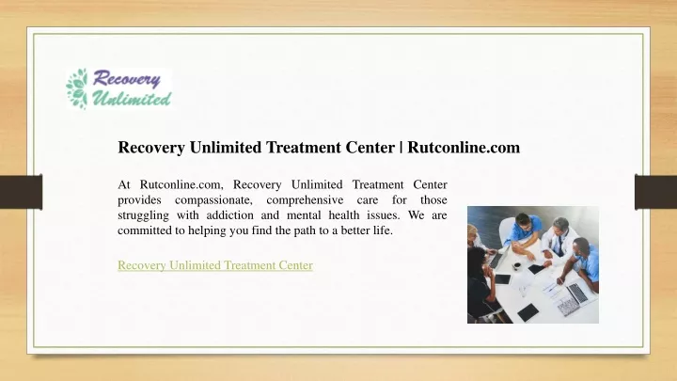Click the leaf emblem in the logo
pyautogui.click(x=77, y=88)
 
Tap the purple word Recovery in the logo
pyautogui.click(x=126, y=79)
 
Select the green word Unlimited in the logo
pyautogui.click(x=132, y=99)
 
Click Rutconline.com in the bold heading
pyautogui.click(x=464, y=148)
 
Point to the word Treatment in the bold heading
pyautogui.click(x=304, y=148)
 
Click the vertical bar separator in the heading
pyautogui.click(x=401, y=148)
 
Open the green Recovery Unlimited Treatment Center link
pyautogui.click(x=215, y=264)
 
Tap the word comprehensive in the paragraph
pyautogui.click(x=305, y=200)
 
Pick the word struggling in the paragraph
pyautogui.click(x=143, y=215)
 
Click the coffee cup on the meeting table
pyautogui.click(x=516, y=266)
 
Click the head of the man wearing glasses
pyautogui.click(x=524, y=222)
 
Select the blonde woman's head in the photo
pyautogui.click(x=472, y=233)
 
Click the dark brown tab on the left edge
pyautogui.click(x=21, y=192)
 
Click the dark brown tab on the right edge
pyautogui.click(x=655, y=192)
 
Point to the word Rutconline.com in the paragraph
pyautogui.click(x=181, y=185)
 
